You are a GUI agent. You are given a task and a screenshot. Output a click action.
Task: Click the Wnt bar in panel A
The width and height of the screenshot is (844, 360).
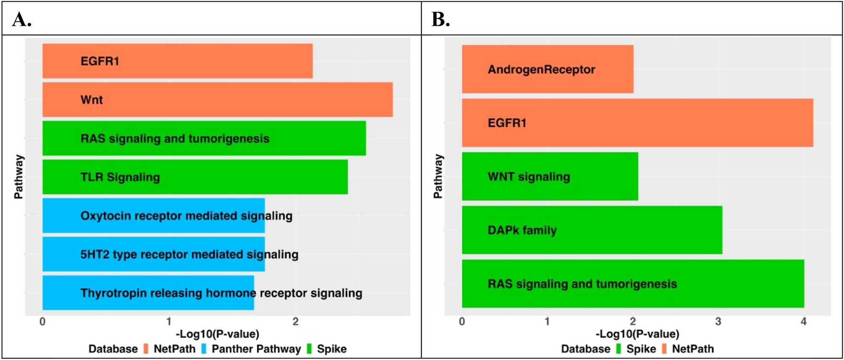[217, 99]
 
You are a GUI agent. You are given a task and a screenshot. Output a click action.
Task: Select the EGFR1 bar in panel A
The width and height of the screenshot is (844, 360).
[177, 61]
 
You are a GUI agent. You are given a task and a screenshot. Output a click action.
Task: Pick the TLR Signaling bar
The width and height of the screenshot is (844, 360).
[195, 177]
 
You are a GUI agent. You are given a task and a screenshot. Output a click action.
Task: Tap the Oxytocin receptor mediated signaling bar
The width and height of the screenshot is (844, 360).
[153, 215]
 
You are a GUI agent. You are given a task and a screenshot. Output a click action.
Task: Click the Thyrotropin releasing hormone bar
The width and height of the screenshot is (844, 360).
[148, 293]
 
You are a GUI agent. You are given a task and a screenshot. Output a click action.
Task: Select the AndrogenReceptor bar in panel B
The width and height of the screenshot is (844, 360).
[547, 69]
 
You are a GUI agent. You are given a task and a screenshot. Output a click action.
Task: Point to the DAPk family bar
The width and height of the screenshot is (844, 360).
[592, 230]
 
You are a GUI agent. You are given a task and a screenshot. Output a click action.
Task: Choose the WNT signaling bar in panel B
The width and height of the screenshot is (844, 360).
[550, 176]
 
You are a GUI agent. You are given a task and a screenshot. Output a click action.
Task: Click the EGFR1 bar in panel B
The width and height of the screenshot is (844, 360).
[637, 123]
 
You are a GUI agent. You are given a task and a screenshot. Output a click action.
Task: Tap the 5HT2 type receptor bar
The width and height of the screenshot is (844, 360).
[153, 254]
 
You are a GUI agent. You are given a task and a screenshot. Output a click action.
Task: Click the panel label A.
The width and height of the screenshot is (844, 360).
[21, 19]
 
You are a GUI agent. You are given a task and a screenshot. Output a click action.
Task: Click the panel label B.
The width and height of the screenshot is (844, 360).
[440, 19]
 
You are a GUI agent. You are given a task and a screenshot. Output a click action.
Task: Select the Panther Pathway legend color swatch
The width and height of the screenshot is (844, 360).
[204, 349]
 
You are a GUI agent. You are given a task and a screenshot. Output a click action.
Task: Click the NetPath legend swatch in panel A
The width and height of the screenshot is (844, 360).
[146, 349]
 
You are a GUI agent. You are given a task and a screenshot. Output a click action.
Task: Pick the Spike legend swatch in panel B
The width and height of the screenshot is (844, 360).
[619, 349]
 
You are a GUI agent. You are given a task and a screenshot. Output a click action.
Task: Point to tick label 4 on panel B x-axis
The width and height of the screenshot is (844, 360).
[804, 322]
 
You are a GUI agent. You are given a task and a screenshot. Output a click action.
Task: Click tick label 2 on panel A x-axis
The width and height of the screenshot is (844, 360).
[295, 322]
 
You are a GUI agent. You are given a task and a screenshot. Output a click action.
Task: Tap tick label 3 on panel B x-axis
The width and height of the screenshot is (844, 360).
[718, 322]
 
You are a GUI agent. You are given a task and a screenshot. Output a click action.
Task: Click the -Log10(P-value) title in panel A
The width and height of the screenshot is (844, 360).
[217, 334]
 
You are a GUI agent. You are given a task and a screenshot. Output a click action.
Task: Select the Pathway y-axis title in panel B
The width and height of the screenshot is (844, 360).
[438, 176]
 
